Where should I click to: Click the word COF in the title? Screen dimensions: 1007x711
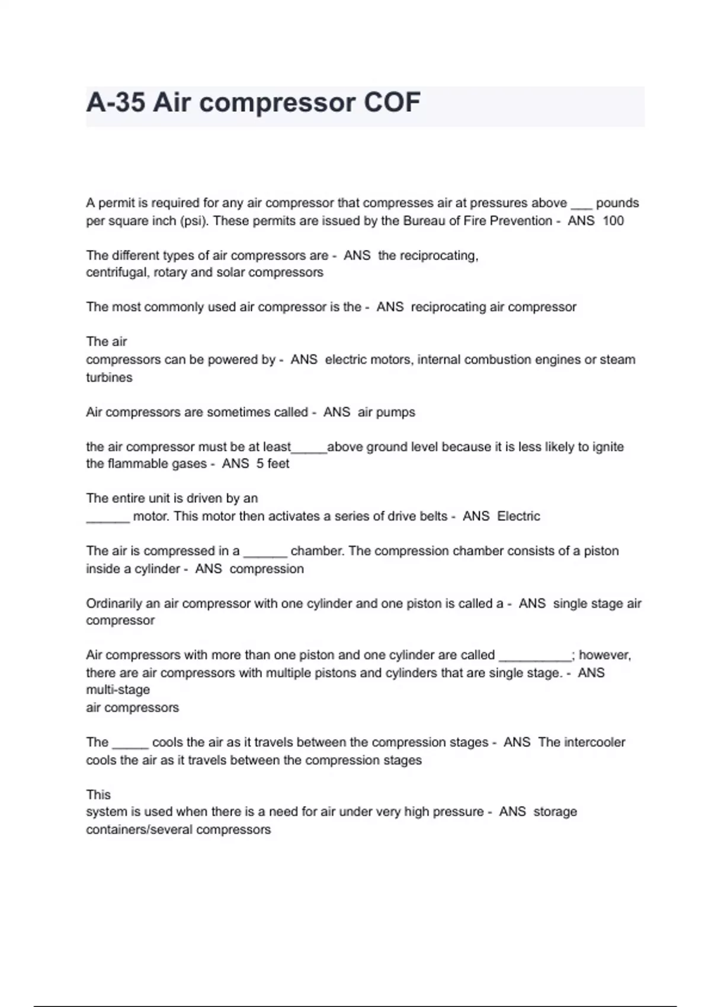[x=392, y=102]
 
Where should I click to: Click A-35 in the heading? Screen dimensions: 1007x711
[x=116, y=102]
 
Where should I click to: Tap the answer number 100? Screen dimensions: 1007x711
[x=613, y=221]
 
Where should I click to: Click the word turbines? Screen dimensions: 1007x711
[x=109, y=377]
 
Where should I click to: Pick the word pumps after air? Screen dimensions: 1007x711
[x=396, y=412]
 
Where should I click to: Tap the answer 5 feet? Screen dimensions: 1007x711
[x=273, y=464]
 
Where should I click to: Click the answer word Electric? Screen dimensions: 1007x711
[x=518, y=517]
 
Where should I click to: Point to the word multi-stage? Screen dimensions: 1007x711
[x=118, y=690]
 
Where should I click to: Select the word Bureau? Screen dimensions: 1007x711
[x=424, y=221]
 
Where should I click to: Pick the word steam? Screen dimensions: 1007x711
[x=617, y=360]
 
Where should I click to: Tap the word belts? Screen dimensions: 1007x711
[x=434, y=517]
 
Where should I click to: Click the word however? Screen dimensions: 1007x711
[x=604, y=655]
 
